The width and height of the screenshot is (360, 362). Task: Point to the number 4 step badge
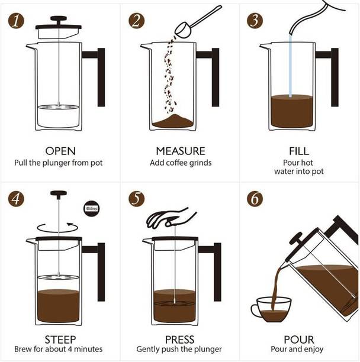pyautogui.click(x=16, y=199)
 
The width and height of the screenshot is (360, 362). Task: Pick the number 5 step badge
pyautogui.click(x=136, y=199)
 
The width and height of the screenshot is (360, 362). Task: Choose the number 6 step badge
pyautogui.click(x=255, y=199)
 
